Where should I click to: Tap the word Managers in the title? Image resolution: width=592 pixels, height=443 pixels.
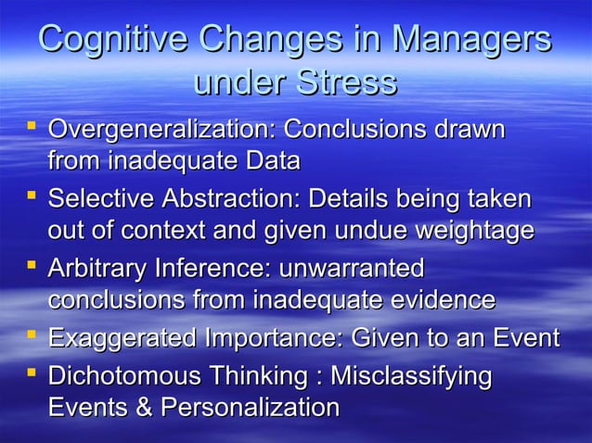tap(470, 41)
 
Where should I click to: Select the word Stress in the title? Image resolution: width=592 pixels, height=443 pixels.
tap(346, 82)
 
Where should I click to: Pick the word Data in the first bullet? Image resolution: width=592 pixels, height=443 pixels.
tap(272, 161)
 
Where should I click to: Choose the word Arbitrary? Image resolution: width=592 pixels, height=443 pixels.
tap(102, 269)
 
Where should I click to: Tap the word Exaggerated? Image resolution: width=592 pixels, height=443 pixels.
tap(122, 338)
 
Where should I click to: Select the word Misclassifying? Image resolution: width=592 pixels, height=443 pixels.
tap(411, 376)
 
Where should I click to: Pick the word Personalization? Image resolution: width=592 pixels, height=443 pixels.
tap(246, 408)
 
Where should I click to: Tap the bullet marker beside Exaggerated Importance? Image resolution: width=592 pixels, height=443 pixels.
tap(32, 335)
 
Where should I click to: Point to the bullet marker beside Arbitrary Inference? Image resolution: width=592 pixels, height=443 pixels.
tap(32, 266)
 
